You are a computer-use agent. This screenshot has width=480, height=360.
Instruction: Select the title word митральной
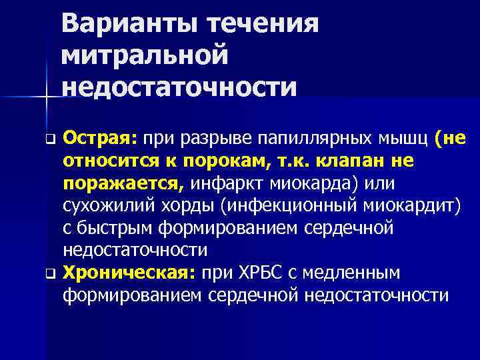[x=145, y=56]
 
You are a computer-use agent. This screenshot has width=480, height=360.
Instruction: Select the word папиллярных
[x=313, y=139]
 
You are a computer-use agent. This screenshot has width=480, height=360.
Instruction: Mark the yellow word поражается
[x=124, y=183]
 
